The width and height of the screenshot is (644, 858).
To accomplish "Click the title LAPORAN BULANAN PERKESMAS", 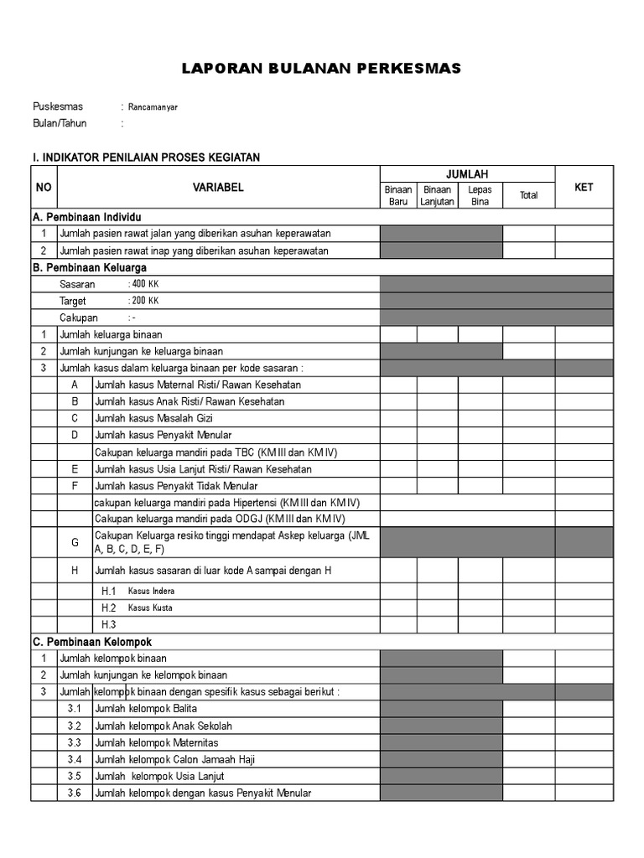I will (322, 69).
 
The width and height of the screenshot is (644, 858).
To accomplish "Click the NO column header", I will (44, 188).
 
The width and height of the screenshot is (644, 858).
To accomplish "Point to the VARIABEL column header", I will (218, 188).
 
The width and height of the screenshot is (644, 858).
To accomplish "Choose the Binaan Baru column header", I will (398, 195).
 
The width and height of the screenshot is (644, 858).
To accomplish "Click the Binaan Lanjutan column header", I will (437, 195).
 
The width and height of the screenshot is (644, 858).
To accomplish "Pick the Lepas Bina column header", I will (480, 195).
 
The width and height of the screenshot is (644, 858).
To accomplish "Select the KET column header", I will (584, 188).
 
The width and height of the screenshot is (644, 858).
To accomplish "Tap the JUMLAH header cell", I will (467, 174).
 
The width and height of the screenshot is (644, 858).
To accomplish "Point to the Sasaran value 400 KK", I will (144, 284).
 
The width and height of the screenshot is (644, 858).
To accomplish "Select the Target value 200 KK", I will (144, 301).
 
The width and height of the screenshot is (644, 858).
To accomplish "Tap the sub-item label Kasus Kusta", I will (151, 607).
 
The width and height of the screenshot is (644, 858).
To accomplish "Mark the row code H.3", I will (108, 624).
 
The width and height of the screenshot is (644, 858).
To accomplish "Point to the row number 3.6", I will (75, 793).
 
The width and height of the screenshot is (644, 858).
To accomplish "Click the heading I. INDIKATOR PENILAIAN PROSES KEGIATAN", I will (146, 157).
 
